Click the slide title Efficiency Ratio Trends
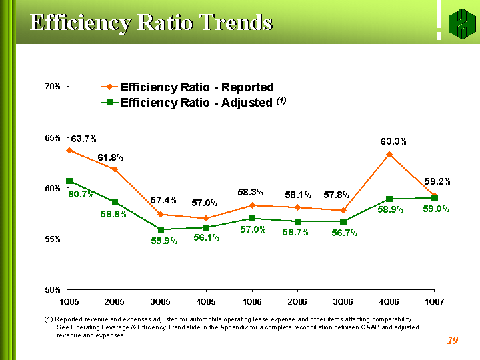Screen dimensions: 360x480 [x=151, y=23]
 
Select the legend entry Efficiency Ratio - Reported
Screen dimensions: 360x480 [x=197, y=87]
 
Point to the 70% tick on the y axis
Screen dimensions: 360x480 [x=54, y=87]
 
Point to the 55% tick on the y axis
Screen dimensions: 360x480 [x=54, y=239]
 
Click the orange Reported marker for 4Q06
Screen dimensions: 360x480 [x=389, y=155]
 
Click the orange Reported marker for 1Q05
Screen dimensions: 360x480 [x=69, y=151]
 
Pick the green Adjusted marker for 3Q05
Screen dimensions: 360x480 [x=161, y=229]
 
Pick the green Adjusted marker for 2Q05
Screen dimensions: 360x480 [x=115, y=202]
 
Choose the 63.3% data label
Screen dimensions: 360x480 [x=393, y=141]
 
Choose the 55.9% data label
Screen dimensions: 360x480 [x=163, y=241]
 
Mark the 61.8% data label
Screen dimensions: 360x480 [x=111, y=157]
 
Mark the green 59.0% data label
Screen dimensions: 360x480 [x=435, y=209]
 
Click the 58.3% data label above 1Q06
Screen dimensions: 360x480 [x=251, y=193]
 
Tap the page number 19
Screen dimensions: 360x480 [x=453, y=341]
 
